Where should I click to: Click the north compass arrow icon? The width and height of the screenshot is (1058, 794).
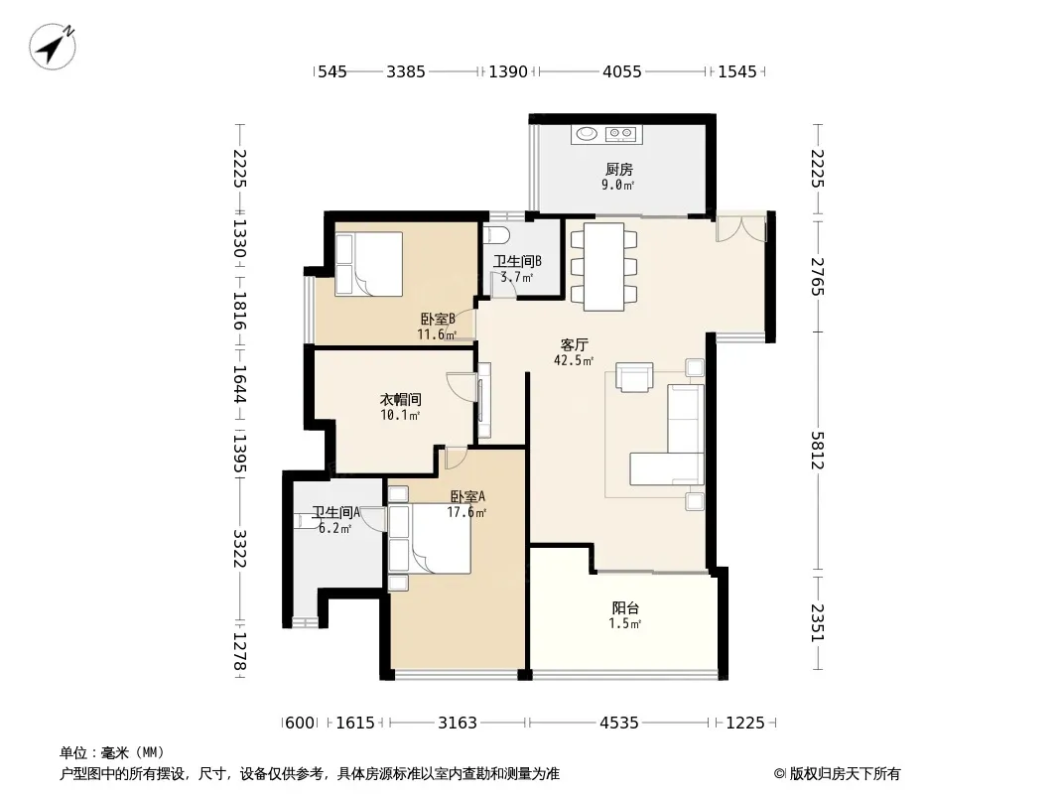(x=52, y=46)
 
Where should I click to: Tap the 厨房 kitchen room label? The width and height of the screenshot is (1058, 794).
(x=618, y=169)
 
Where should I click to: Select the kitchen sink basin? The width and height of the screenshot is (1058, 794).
(x=585, y=134)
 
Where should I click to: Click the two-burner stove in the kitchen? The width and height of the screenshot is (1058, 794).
(x=620, y=134)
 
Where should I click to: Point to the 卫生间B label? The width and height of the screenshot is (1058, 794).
(x=517, y=261)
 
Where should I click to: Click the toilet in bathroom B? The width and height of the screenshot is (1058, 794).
(x=498, y=235)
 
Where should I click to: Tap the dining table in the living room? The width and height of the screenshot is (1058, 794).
(x=603, y=266)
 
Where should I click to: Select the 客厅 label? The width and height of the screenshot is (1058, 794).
(x=574, y=344)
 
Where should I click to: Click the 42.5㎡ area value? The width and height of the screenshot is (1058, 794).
(x=574, y=361)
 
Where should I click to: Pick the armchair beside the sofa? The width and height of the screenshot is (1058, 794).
(x=634, y=377)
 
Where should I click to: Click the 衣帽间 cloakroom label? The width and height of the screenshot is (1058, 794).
(x=400, y=399)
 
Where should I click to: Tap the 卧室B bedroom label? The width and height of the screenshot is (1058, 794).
(x=438, y=319)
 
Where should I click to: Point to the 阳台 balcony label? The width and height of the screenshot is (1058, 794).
(x=625, y=607)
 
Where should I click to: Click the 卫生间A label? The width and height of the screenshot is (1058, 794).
(x=335, y=513)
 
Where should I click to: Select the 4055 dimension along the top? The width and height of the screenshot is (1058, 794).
(x=621, y=71)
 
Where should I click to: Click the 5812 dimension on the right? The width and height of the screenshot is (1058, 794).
(x=817, y=450)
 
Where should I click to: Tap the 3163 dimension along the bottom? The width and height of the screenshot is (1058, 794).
(x=457, y=724)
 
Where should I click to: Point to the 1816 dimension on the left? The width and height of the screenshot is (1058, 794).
(x=239, y=311)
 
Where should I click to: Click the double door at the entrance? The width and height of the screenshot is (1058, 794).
(x=740, y=228)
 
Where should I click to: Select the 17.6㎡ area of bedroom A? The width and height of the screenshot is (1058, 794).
(x=466, y=513)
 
